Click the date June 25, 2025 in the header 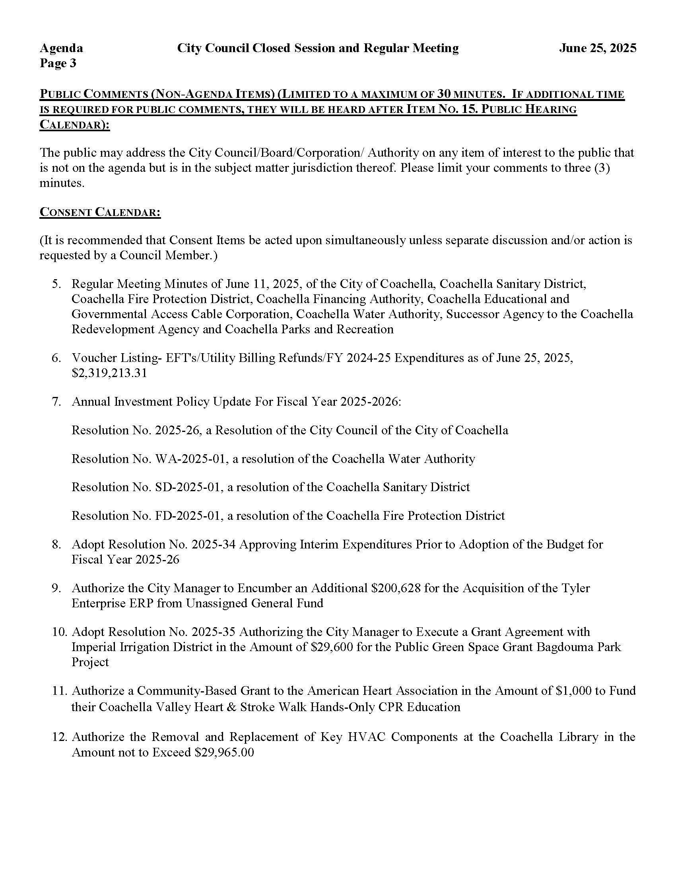point(598,48)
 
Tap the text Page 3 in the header point(58,63)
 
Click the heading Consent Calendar point(100,212)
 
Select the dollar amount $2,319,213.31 point(109,373)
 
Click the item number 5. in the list point(56,284)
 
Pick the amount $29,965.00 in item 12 point(224,752)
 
